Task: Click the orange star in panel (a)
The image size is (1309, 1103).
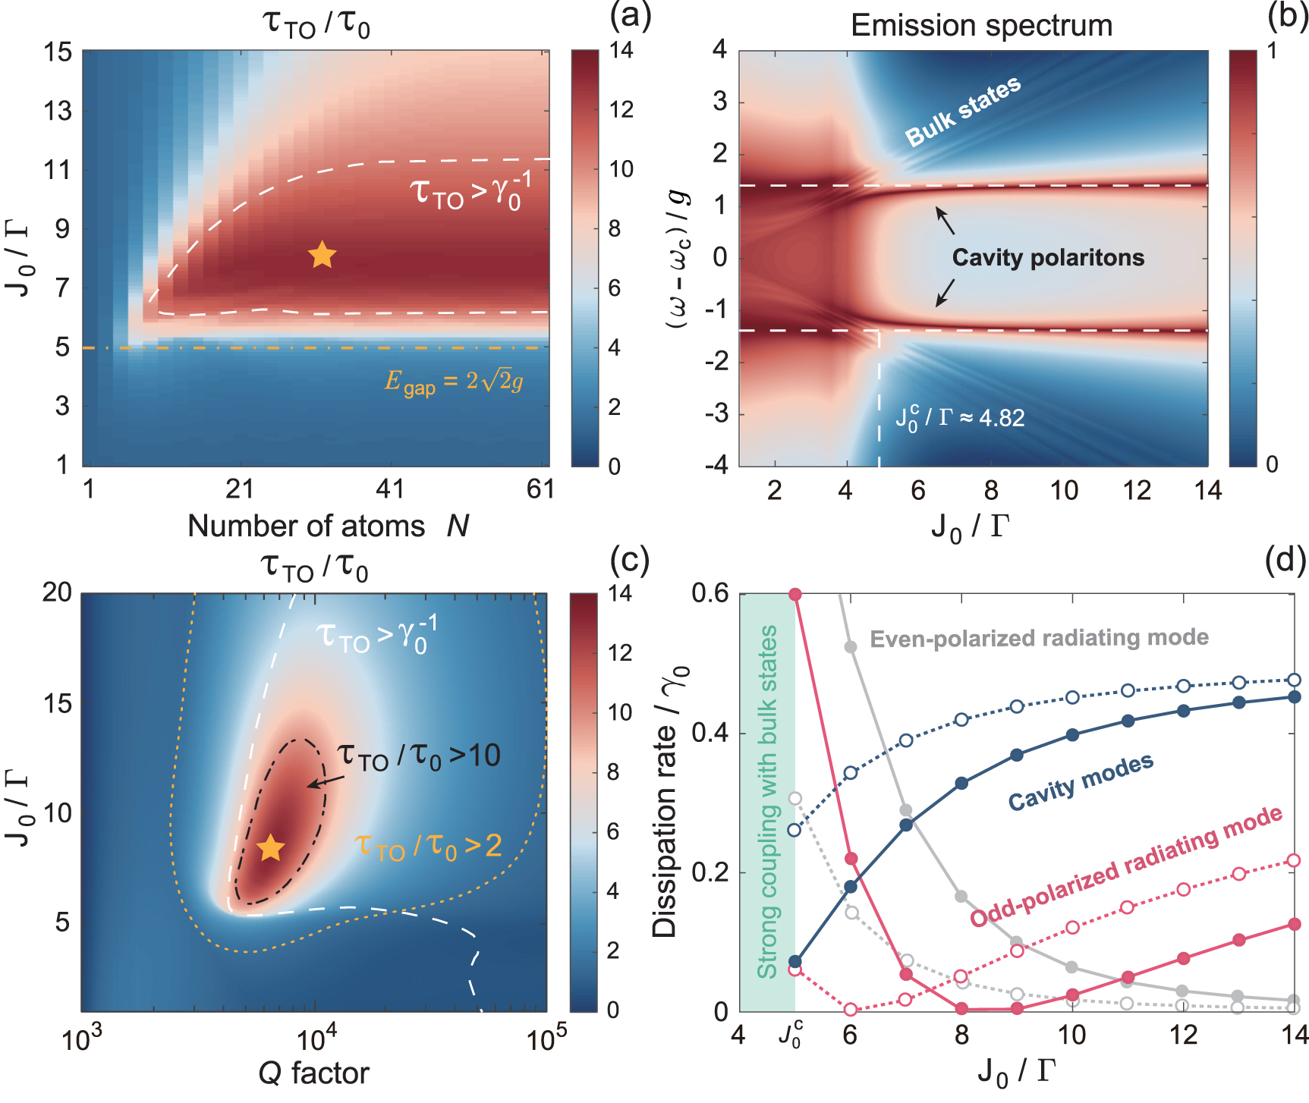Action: click(323, 255)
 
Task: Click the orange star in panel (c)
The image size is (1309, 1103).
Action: click(271, 848)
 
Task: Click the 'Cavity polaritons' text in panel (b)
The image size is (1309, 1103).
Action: click(1048, 258)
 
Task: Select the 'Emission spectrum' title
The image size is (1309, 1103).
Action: click(981, 26)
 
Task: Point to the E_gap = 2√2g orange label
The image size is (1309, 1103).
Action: click(453, 381)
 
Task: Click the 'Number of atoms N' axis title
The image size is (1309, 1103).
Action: click(328, 526)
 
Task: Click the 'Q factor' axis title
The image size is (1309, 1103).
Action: click(313, 1073)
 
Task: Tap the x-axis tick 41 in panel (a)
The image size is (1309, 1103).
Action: click(390, 489)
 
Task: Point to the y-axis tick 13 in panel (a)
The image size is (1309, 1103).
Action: click(57, 111)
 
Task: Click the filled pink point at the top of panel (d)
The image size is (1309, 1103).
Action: click(795, 594)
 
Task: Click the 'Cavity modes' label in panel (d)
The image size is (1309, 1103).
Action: click(1081, 781)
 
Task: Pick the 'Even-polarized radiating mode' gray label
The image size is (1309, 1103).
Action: click(1039, 639)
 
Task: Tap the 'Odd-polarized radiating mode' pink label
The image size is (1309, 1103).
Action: click(1126, 866)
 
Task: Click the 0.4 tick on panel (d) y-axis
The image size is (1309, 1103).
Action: click(710, 734)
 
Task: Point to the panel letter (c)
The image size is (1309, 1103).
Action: click(630, 560)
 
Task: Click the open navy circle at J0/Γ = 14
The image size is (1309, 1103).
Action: click(1294, 680)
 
